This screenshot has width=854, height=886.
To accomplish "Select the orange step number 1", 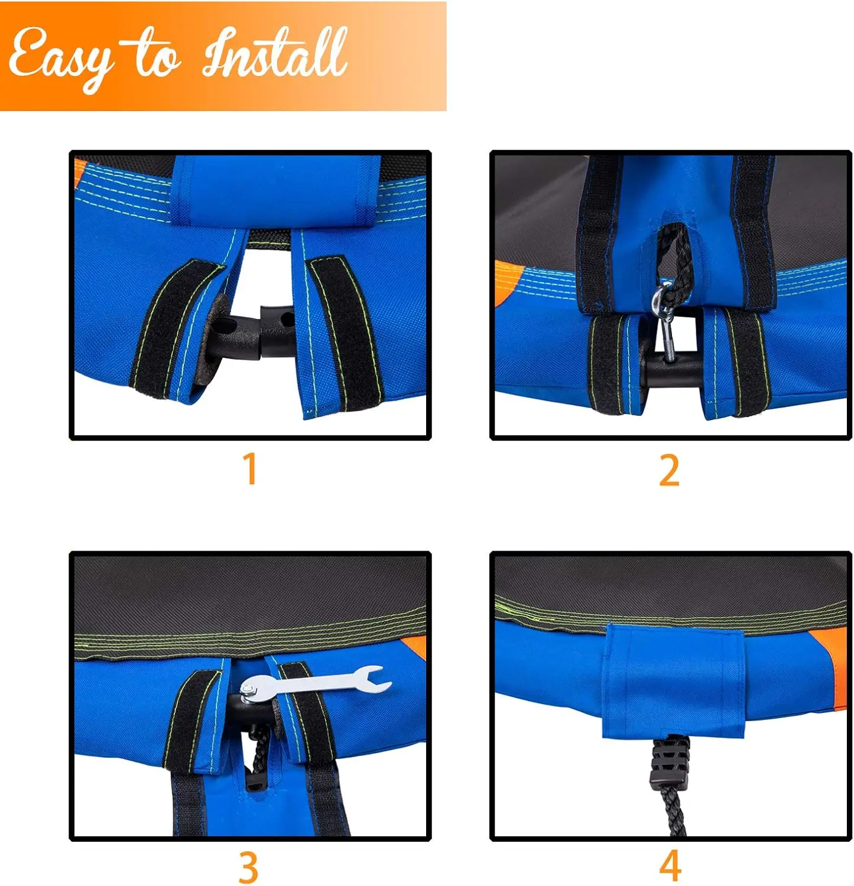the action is pyautogui.click(x=251, y=468).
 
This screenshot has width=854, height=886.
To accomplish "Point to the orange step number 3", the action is pyautogui.click(x=249, y=868).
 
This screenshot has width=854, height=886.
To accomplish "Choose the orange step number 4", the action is pyautogui.click(x=670, y=866).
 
